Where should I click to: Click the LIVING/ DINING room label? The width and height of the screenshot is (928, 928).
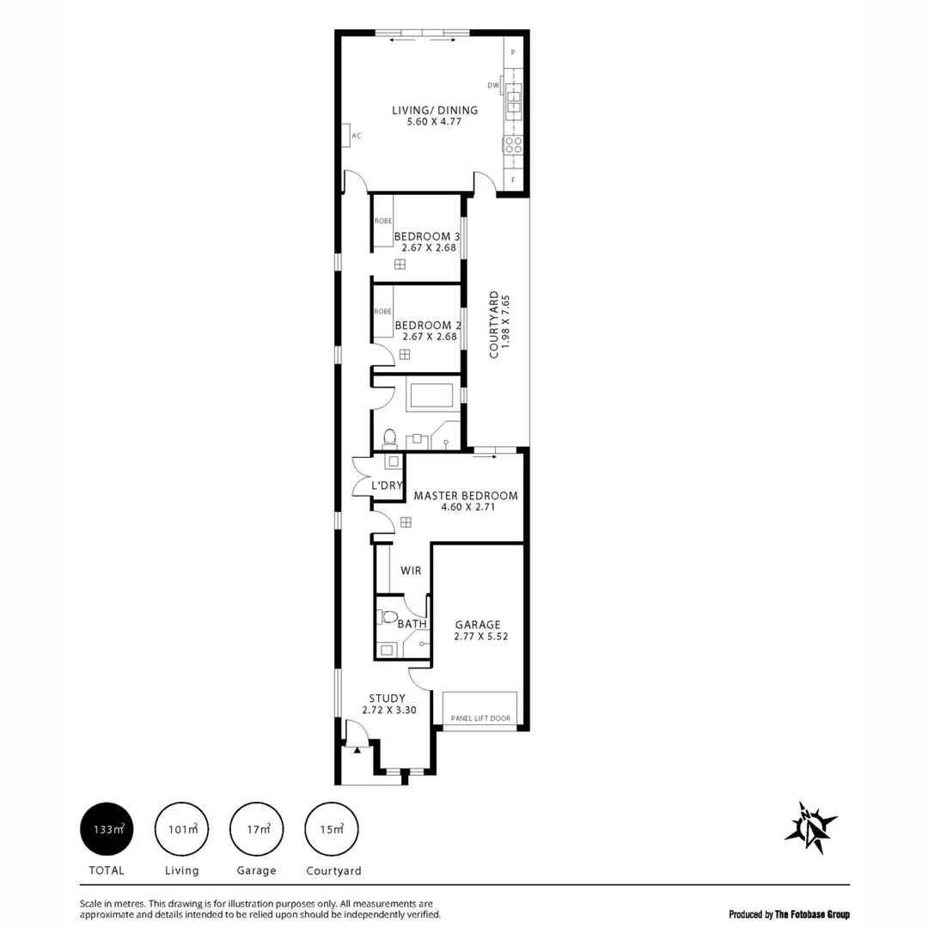coord(435,110)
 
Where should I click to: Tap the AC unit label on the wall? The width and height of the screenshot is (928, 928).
coord(355,136)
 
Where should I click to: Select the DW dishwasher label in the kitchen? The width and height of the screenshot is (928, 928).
coord(493,85)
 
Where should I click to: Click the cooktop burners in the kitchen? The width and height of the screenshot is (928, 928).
coord(513,143)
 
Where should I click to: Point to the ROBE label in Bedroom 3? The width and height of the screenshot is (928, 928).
coord(382,221)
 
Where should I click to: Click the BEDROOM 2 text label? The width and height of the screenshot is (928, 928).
coord(428,325)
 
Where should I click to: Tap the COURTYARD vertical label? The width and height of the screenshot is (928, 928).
coord(494,325)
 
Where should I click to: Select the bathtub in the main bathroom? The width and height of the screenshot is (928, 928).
coord(430,396)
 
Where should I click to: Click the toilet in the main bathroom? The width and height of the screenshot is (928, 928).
coord(389,438)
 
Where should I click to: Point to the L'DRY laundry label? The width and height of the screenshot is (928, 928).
coord(387,485)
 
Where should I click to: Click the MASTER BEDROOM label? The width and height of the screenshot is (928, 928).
coord(466,496)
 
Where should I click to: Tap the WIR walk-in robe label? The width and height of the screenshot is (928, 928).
coord(411,570)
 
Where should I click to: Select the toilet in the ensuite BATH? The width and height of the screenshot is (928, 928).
coord(388,617)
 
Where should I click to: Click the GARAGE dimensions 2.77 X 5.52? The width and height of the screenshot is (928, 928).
coord(477,637)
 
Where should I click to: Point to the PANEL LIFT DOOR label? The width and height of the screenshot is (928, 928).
coord(480,717)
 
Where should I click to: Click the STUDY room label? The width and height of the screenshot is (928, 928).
coord(387,698)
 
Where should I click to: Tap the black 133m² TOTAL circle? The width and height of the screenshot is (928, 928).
coord(107,830)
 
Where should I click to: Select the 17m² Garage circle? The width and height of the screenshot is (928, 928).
coord(257,830)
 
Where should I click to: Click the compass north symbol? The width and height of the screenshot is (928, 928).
coord(809,827)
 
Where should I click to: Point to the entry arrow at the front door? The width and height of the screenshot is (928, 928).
coord(357,749)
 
